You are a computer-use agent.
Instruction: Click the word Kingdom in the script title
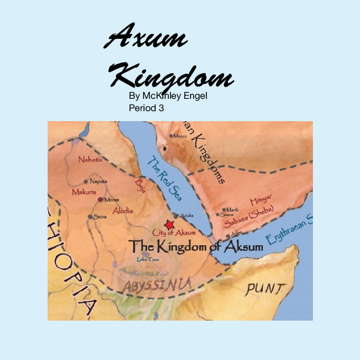click(172, 76)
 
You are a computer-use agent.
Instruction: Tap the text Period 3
click(146, 108)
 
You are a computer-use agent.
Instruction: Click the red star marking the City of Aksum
click(169, 225)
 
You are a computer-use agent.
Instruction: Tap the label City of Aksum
click(174, 233)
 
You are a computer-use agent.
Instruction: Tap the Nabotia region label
click(91, 159)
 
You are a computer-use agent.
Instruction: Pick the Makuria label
click(84, 192)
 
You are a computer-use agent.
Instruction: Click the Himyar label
click(261, 201)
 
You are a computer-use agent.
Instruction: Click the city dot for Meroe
click(100, 200)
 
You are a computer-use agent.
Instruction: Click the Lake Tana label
click(148, 259)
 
